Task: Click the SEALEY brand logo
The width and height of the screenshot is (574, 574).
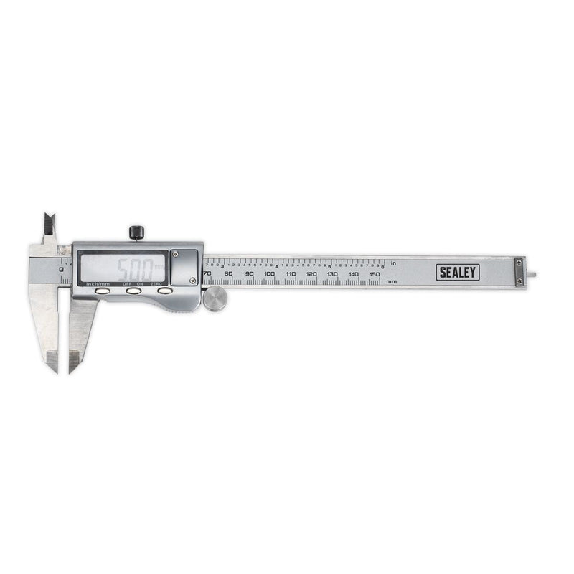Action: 458,272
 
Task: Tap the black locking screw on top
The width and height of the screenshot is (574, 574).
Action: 136,232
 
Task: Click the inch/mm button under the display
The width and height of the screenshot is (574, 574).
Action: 102,291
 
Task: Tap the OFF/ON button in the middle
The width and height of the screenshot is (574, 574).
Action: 133,291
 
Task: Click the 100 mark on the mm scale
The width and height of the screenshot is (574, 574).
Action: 269,274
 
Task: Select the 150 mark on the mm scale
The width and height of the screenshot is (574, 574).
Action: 375,274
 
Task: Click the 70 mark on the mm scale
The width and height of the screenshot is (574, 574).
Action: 207,274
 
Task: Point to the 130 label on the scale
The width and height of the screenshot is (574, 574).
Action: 332,274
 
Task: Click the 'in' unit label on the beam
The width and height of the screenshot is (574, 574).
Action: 393,263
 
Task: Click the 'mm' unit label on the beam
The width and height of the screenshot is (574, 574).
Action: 391,281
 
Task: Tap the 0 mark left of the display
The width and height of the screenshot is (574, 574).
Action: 62,269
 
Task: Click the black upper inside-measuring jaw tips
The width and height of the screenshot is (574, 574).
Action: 49,225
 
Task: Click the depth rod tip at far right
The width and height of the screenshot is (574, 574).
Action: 531,273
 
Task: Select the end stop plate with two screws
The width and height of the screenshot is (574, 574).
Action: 519,273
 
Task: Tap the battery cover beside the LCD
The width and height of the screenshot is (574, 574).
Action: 184,267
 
